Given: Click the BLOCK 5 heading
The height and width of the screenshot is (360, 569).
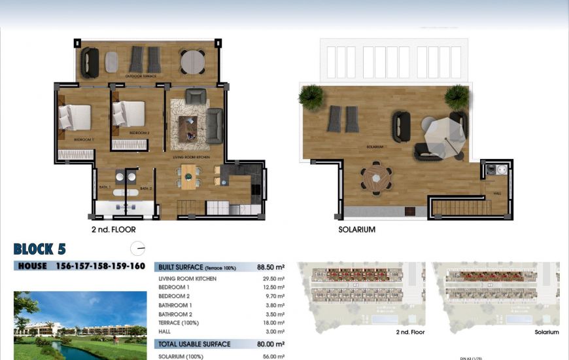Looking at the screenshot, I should (x=39, y=249).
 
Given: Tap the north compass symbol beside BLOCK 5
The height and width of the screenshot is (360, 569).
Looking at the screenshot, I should (x=137, y=249).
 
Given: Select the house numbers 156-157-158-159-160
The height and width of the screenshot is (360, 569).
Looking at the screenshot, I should (x=100, y=266).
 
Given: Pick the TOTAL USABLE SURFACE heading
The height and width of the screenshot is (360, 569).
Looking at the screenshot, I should (x=194, y=344).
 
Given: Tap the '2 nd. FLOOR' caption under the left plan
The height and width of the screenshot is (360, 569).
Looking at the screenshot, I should (x=114, y=230).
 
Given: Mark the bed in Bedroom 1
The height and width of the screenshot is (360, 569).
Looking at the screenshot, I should (x=75, y=117).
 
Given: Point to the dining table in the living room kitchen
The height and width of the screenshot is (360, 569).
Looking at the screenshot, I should (x=188, y=177).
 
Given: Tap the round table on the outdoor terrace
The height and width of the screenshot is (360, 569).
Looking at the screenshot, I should (x=192, y=62).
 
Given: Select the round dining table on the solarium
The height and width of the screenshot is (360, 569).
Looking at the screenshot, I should (x=376, y=177).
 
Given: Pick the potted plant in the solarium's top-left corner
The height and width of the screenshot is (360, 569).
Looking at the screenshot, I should (x=311, y=96).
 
